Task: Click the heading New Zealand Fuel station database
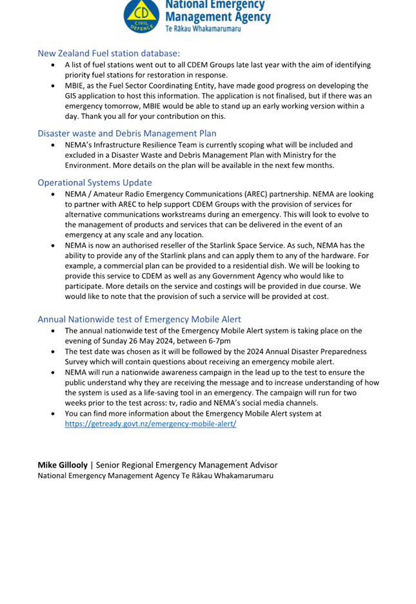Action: point(108,53)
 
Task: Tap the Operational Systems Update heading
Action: point(94,182)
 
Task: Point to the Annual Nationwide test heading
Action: point(139,318)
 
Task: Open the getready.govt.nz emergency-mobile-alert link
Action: point(150,424)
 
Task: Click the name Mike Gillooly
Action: point(62,464)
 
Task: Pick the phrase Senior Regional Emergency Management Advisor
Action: point(187,464)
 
